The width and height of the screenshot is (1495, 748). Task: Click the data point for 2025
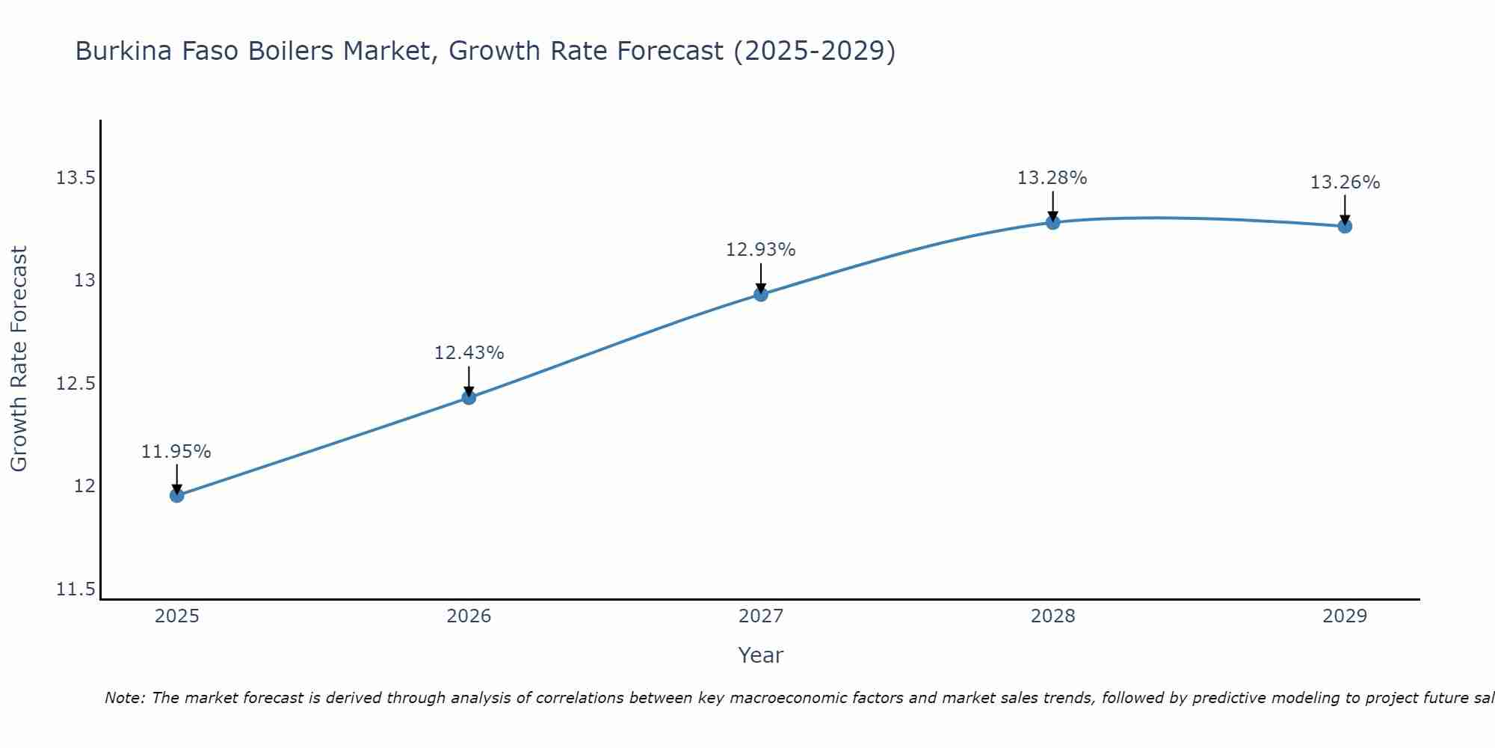176,495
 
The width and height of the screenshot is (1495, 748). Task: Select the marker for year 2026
469,397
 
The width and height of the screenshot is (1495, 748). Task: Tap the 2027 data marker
761,294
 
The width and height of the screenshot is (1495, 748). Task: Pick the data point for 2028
1052,222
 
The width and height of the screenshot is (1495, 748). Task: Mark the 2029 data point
1345,226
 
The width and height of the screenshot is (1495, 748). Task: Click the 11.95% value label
176,452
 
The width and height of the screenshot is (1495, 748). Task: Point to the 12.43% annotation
469,353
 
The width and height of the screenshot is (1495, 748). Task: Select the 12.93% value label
761,250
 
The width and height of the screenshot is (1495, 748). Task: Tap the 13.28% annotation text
1052,178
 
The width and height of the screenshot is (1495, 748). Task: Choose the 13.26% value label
1345,183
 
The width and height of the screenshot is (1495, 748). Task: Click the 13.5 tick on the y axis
75,178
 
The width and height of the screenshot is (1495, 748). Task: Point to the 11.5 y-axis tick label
75,589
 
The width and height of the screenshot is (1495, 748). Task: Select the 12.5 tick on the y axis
75,384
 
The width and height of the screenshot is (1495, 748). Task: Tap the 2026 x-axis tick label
469,616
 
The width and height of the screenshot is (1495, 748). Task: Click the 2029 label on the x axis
1345,616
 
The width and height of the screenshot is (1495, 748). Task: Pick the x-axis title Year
760,655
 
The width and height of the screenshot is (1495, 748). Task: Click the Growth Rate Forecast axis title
19,359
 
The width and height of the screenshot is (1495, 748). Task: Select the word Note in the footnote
124,698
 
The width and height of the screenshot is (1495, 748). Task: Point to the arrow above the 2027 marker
761,278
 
